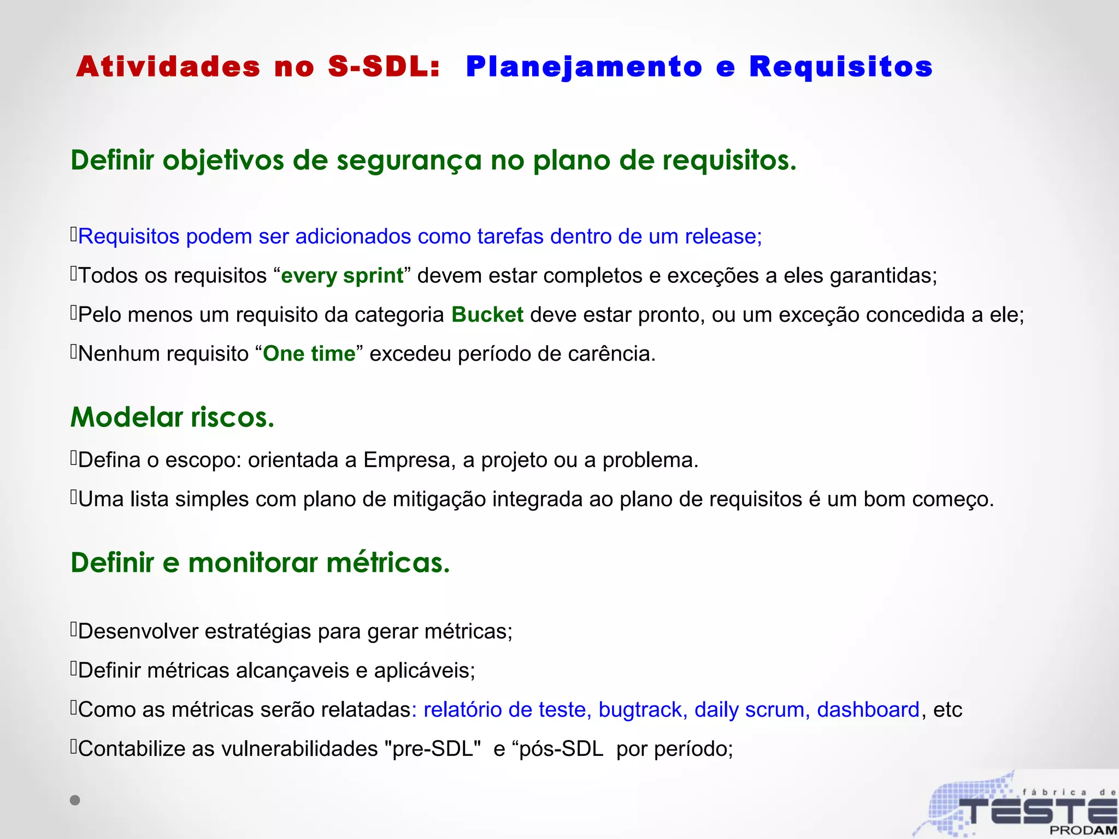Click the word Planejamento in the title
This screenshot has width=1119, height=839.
pyautogui.click(x=584, y=67)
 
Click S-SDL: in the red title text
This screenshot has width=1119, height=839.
pyautogui.click(x=384, y=67)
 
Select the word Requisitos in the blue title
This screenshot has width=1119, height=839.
pyautogui.click(x=840, y=67)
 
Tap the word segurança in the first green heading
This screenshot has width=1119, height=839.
pyautogui.click(x=409, y=161)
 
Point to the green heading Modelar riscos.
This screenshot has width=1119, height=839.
pyautogui.click(x=172, y=417)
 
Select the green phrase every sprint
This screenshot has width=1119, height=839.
pyautogui.click(x=342, y=275)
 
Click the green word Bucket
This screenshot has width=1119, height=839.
pyautogui.click(x=487, y=315)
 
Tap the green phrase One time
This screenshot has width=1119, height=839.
pyautogui.click(x=309, y=354)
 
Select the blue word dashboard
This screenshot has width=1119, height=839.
pyautogui.click(x=868, y=710)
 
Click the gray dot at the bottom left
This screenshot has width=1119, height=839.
pyautogui.click(x=75, y=800)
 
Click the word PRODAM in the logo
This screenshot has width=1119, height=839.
pyautogui.click(x=1082, y=830)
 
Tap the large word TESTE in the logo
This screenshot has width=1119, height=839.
pyautogui.click(x=1038, y=811)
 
